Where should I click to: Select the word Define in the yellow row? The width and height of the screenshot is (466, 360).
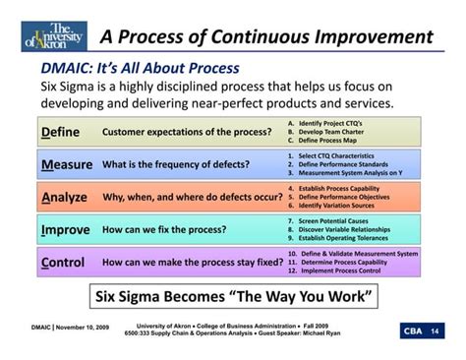tap(60, 132)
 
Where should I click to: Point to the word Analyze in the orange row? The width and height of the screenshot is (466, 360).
tap(65, 197)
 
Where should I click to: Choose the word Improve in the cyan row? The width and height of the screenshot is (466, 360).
tap(66, 230)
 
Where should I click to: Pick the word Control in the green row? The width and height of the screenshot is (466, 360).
tap(63, 263)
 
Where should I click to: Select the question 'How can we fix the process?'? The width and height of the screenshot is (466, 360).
tap(164, 230)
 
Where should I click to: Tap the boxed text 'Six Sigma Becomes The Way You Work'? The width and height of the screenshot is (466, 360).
tap(232, 297)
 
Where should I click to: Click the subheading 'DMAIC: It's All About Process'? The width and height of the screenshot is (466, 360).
tap(140, 68)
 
